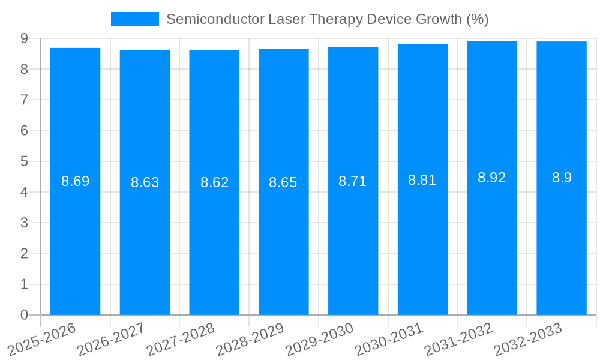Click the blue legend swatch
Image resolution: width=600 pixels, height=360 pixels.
pyautogui.click(x=135, y=19)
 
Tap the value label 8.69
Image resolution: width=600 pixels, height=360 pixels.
pyautogui.click(x=76, y=181)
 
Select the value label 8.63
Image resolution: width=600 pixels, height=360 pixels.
pyautogui.click(x=145, y=182)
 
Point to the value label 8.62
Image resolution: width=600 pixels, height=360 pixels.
pyautogui.click(x=214, y=182)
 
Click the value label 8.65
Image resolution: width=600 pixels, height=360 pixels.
pyautogui.click(x=283, y=182)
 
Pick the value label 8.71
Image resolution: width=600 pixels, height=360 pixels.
pyautogui.click(x=353, y=181)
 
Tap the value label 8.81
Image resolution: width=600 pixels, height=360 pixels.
pyautogui.click(x=422, y=180)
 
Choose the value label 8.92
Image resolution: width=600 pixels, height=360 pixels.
pyautogui.click(x=492, y=178)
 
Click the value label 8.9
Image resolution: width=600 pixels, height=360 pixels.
pyautogui.click(x=562, y=178)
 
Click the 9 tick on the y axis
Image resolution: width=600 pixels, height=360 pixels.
pyautogui.click(x=24, y=38)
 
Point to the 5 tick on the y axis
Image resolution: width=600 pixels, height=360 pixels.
pyautogui.click(x=24, y=161)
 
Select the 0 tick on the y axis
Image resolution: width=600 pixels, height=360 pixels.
pyautogui.click(x=24, y=315)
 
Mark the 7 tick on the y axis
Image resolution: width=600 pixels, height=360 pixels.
pyautogui.click(x=24, y=100)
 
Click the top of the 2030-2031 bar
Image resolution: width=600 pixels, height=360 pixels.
pyautogui.click(x=422, y=44)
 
